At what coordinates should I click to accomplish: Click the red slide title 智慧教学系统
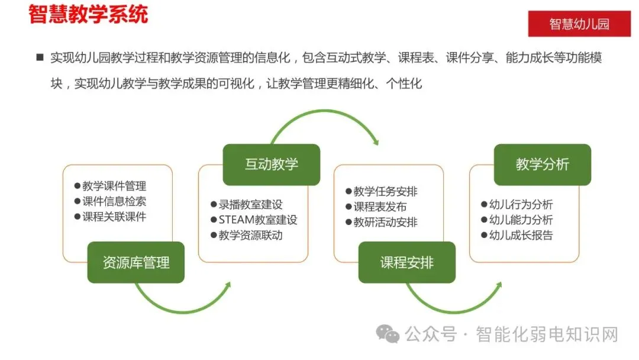click(x=88, y=14)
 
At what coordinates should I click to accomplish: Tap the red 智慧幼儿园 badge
click(x=579, y=24)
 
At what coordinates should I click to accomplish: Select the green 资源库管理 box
click(x=136, y=262)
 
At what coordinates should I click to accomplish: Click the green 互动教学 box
click(x=272, y=164)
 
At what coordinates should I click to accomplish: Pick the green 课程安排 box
click(x=407, y=262)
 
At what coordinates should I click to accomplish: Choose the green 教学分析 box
click(x=543, y=164)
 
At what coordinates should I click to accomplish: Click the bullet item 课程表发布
click(x=380, y=207)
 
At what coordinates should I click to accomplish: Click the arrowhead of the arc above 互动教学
click(x=375, y=141)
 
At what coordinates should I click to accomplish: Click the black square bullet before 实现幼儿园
click(x=40, y=57)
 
